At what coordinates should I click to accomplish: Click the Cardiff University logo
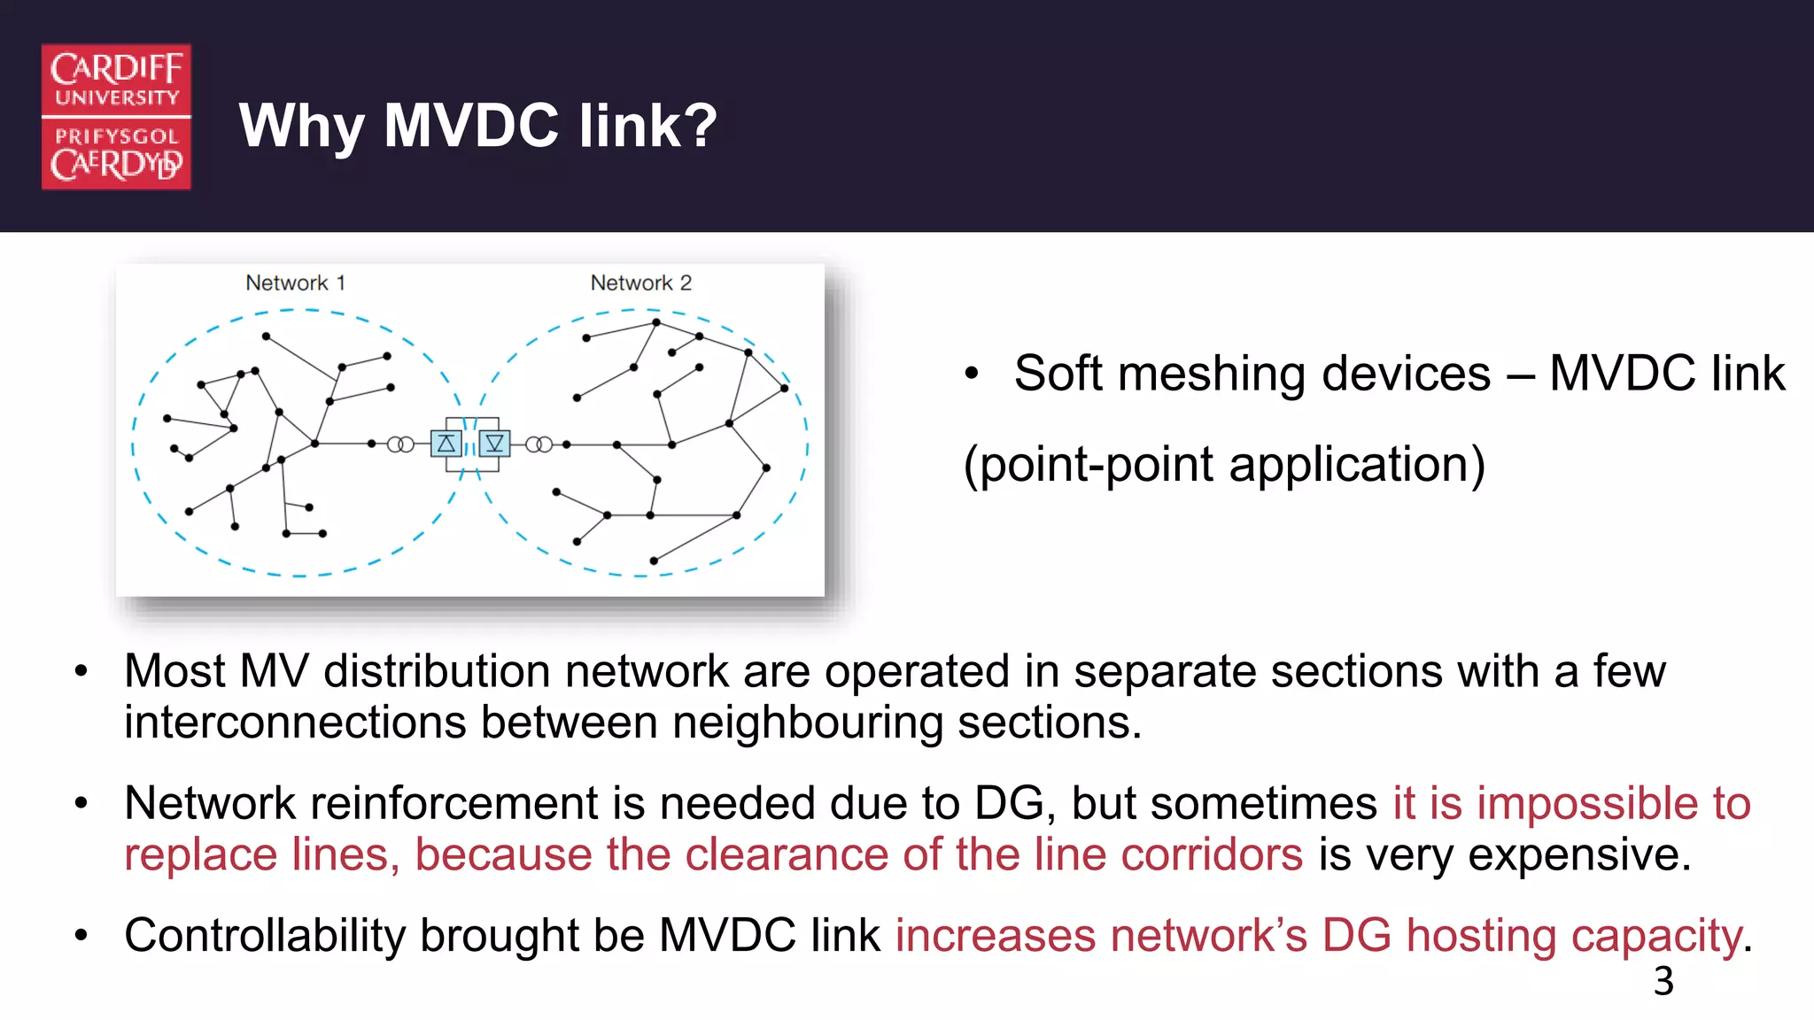[116, 116]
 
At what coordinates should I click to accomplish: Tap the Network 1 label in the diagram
[295, 283]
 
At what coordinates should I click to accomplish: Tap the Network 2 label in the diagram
[640, 283]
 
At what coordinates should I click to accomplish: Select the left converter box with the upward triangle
[446, 444]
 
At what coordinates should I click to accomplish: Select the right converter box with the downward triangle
[494, 444]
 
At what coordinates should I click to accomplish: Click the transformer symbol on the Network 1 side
[400, 444]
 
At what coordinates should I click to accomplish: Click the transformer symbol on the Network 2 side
[539, 444]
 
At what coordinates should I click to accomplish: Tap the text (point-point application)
[1224, 465]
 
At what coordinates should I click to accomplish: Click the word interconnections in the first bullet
[295, 722]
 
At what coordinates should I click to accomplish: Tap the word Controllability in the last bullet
[264, 936]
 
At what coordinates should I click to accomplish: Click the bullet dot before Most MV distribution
[81, 672]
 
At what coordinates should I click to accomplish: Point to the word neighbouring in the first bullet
[807, 722]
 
